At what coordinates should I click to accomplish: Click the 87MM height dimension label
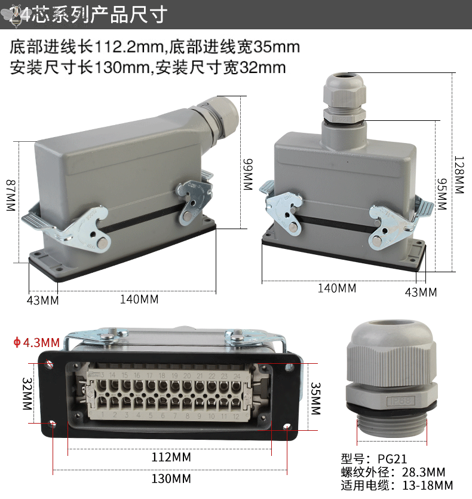10,195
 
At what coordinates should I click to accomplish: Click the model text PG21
392,459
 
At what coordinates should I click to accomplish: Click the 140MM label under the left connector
139,299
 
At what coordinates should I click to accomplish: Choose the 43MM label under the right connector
421,292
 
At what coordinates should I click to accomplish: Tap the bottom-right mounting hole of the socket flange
287,427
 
